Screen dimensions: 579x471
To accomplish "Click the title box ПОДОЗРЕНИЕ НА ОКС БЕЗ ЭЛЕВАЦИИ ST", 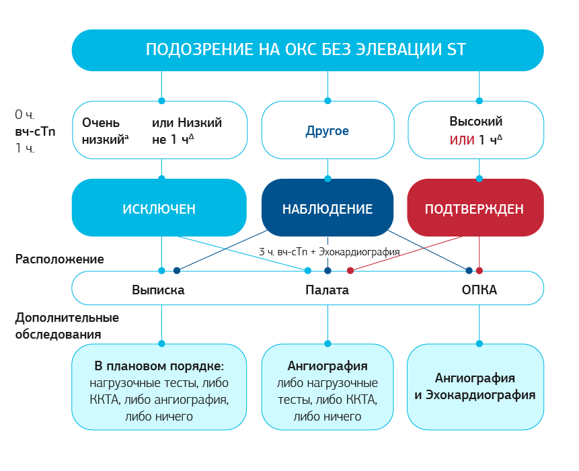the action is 307,50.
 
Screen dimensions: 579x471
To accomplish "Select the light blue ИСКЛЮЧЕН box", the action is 159,208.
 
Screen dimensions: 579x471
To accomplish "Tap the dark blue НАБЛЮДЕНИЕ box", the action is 327,208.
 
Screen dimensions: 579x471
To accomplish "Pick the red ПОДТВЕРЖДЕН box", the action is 475,208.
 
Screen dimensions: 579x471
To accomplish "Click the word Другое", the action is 327,131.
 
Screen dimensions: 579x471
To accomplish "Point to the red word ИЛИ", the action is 462,140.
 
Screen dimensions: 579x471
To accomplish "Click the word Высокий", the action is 476,122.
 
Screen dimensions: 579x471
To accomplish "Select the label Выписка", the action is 158,290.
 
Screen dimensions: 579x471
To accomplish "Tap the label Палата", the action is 327,290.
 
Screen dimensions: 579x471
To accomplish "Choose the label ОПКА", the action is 479,290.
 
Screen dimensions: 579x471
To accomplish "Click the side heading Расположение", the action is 59,259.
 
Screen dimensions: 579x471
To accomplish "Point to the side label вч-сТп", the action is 35,132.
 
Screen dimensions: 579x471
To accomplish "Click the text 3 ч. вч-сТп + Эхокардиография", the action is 330,252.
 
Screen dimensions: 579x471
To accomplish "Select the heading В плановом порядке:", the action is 159,366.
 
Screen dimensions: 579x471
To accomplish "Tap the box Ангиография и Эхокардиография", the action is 475,387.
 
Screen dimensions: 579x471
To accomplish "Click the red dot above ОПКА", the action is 479,271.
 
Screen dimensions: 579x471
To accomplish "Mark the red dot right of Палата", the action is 350,271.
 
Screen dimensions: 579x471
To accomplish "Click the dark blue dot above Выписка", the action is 177,271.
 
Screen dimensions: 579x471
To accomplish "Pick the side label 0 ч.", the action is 25,115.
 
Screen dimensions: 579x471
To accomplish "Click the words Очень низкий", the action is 105,131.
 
